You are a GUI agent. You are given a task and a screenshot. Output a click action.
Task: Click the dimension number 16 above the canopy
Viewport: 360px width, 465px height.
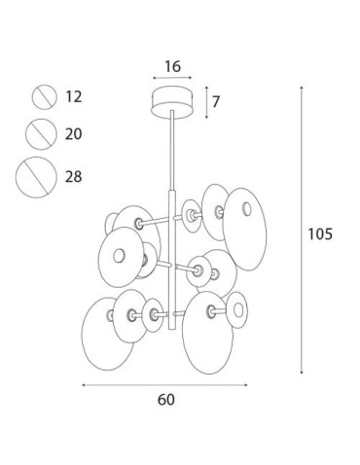(x=172, y=67)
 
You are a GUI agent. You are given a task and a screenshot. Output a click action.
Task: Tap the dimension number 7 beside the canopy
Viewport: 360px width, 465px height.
(x=216, y=102)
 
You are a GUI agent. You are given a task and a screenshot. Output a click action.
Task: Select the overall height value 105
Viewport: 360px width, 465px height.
(x=320, y=233)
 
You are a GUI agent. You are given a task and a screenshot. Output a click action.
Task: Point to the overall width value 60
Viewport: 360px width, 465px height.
(x=165, y=400)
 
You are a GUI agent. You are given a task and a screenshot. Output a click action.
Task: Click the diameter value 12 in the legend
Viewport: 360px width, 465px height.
(x=74, y=96)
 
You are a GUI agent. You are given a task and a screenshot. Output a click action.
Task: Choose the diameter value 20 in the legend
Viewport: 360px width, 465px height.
(x=73, y=134)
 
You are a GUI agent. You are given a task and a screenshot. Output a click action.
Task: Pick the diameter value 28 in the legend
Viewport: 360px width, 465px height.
(x=74, y=177)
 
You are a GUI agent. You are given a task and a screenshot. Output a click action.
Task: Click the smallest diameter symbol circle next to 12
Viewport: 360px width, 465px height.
(x=45, y=97)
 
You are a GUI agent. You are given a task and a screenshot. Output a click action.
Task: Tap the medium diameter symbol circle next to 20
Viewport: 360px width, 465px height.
(x=41, y=134)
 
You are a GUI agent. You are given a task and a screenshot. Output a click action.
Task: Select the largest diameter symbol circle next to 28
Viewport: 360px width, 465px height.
(x=36, y=177)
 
